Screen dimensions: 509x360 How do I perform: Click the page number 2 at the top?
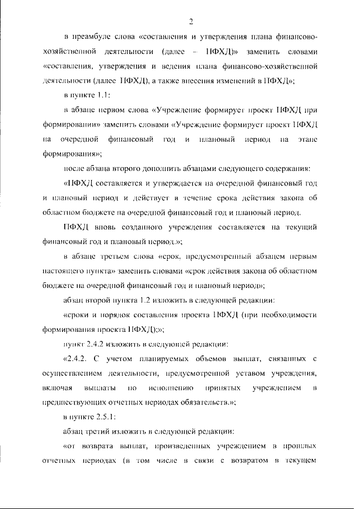(192, 21)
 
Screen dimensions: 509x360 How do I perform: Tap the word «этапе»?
(307, 139)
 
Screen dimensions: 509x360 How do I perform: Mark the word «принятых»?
(225, 388)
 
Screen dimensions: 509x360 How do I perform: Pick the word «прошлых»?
(301, 447)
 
